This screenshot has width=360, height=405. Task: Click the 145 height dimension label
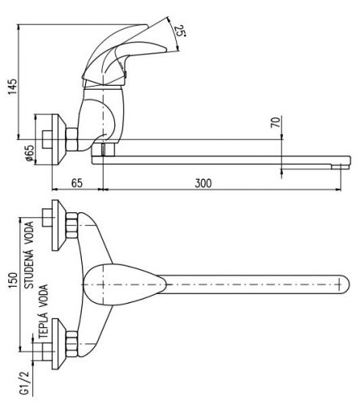[13, 87]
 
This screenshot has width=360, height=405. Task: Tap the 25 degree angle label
[180, 32]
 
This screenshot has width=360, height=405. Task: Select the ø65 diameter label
[30, 153]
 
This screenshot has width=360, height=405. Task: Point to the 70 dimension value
[275, 122]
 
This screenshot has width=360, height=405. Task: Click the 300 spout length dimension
[204, 183]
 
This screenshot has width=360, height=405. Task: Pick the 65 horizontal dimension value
[77, 183]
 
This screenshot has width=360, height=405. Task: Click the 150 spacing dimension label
[13, 281]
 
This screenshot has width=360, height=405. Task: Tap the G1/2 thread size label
[25, 383]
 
